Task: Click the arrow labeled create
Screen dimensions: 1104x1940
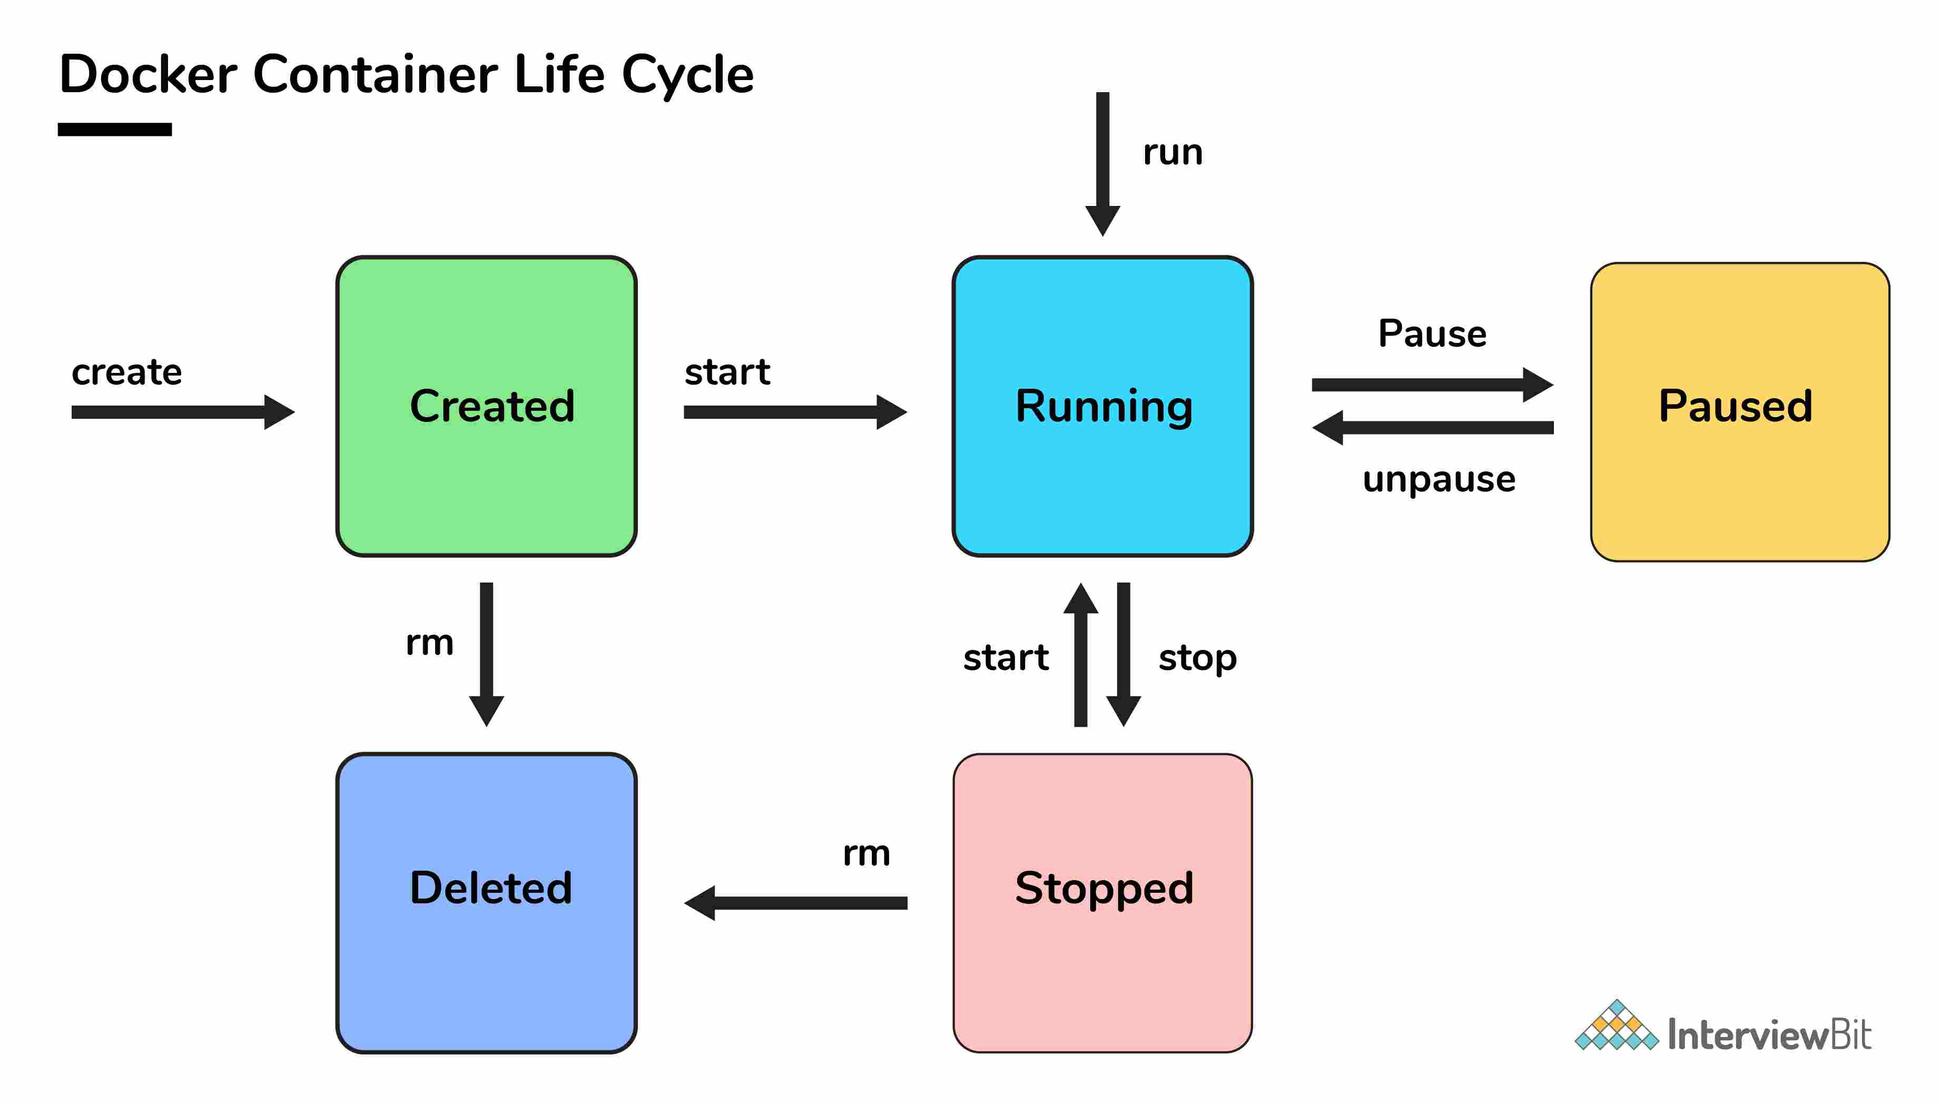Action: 182,412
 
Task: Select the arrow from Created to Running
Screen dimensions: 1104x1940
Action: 794,412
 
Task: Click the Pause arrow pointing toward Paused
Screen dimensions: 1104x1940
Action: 1431,385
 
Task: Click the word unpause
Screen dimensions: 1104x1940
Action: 1438,479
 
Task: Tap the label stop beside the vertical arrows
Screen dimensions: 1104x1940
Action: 1197,657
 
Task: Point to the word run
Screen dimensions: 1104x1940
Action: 1172,152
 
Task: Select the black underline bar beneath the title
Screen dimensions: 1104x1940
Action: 114,130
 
